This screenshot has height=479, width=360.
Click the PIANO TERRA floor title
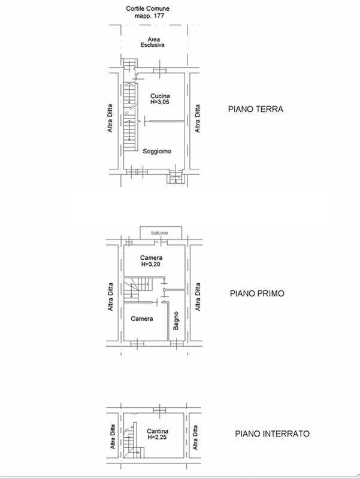255,110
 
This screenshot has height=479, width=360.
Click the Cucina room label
160,96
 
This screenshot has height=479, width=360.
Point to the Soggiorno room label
157,151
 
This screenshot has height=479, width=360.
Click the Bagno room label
176,321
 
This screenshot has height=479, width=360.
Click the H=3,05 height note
160,103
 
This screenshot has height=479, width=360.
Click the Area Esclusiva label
153,42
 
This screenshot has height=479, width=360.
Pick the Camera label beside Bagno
142,319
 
